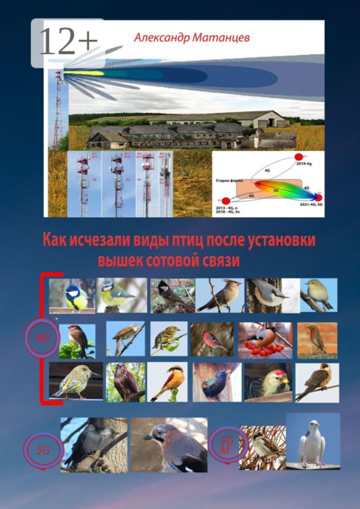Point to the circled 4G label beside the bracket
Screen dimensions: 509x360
tap(41, 337)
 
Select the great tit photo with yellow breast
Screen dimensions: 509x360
tap(72, 295)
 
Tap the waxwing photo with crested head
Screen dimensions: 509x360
tap(218, 295)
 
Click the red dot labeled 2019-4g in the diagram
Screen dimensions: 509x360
tap(300, 157)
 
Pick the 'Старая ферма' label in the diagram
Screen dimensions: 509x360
tap(230, 181)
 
